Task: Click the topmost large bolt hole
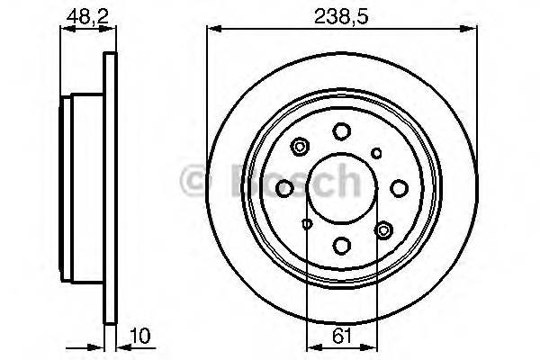[x=341, y=131]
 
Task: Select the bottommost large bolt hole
[x=341, y=244]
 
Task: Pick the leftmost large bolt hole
[x=285, y=188]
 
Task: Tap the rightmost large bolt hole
[x=397, y=188]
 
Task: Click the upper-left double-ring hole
[x=300, y=145]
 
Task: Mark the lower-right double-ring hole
[x=383, y=230]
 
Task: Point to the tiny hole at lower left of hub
[x=307, y=223]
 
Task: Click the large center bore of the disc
[x=341, y=188]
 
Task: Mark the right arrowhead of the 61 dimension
[x=372, y=345]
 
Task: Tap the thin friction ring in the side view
[x=111, y=188]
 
